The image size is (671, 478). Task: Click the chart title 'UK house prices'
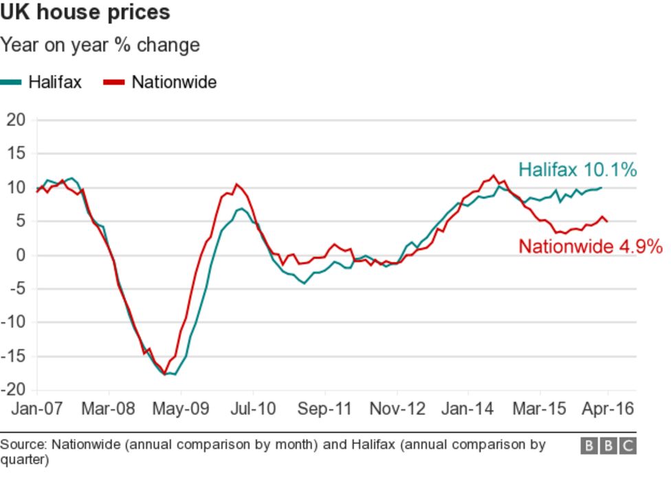tap(85, 12)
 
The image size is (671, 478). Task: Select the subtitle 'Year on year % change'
tap(100, 45)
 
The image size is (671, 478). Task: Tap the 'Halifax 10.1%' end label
tap(577, 170)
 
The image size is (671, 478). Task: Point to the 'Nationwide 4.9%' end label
tap(590, 247)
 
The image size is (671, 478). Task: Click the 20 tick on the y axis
tap(16, 120)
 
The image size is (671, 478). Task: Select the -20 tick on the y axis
tap(14, 389)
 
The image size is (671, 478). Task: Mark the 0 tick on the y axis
tap(20, 255)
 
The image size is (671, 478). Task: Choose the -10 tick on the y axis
tap(14, 322)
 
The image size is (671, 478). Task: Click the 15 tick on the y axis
tap(16, 154)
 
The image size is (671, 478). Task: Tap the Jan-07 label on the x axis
tap(37, 409)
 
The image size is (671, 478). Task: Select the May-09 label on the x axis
tap(180, 409)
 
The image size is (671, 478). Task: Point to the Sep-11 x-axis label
tap(324, 409)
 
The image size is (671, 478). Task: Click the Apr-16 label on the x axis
tap(607, 409)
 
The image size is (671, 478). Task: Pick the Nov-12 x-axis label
tap(397, 409)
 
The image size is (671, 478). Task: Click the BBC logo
tap(608, 446)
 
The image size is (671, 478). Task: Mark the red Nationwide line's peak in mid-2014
tap(494, 176)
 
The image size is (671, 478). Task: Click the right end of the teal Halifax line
tap(602, 187)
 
